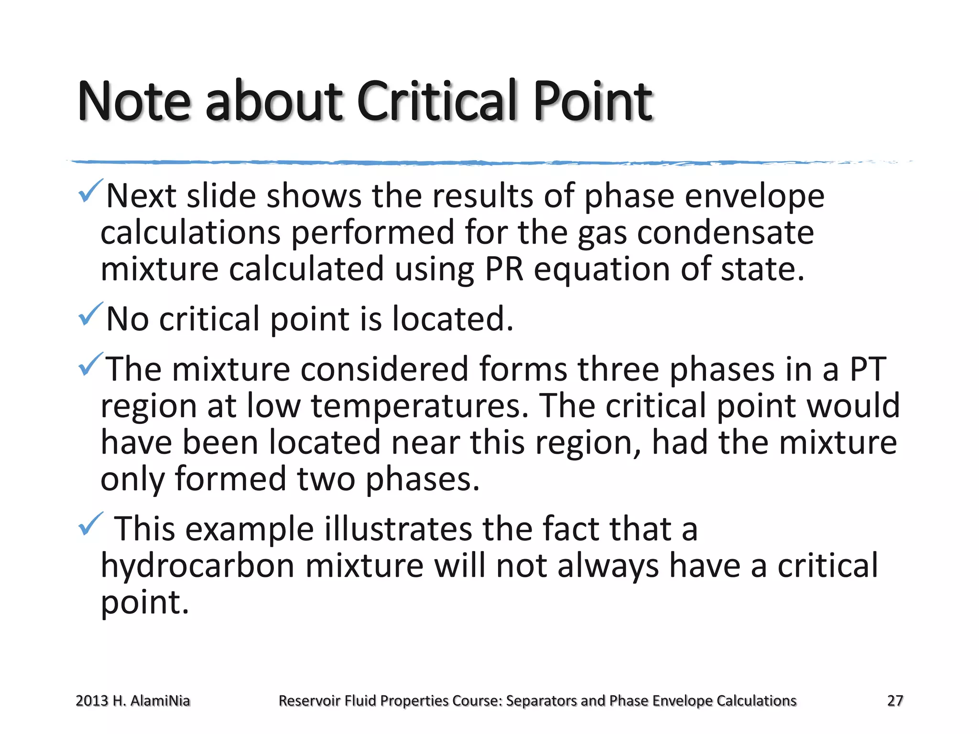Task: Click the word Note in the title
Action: (x=134, y=101)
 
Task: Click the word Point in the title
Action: (x=593, y=101)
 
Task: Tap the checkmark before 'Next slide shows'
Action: (x=90, y=191)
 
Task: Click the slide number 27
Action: (x=895, y=701)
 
